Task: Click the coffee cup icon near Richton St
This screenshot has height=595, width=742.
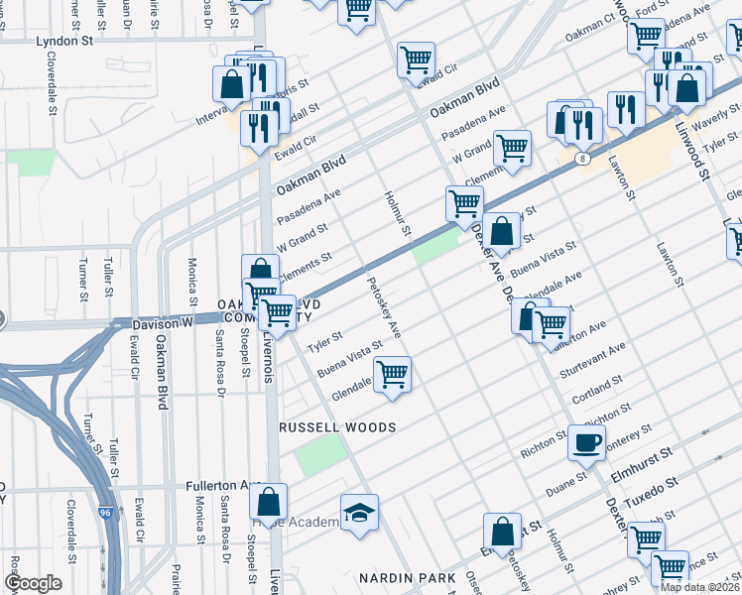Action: (585, 441)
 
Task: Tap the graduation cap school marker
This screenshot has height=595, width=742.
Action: (359, 511)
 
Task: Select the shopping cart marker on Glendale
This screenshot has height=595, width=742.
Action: (393, 375)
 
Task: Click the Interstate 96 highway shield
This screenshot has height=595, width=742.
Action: (117, 515)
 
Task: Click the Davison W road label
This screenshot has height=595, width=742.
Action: (144, 322)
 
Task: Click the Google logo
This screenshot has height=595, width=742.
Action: (33, 583)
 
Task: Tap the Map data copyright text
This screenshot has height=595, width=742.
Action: (699, 587)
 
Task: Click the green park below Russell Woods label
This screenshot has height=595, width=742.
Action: (319, 454)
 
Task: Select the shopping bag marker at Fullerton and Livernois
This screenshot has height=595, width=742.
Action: (268, 504)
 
